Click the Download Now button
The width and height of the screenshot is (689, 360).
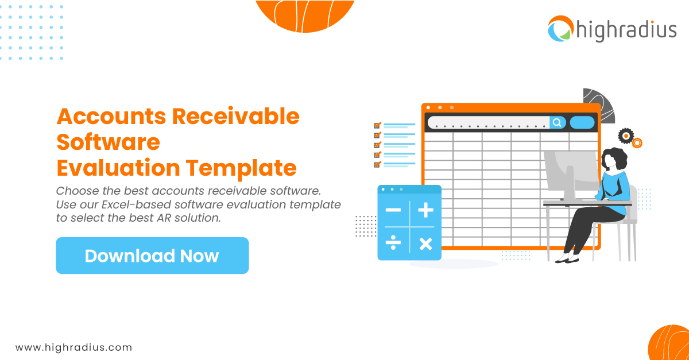152,256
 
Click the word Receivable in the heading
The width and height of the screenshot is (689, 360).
236,116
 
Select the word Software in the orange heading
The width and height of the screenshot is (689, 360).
108,142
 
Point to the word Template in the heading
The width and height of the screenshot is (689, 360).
241,168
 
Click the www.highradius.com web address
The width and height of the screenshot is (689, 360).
73,347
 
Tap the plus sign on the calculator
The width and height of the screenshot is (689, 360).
425,210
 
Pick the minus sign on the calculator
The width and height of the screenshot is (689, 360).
393,210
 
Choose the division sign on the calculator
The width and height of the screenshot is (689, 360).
393,244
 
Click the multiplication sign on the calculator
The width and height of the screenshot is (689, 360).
425,244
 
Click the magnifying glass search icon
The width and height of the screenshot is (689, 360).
557,122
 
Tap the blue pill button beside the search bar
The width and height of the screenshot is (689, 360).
582,122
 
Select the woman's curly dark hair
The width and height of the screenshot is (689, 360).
614,157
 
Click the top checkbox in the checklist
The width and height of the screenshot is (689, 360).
377,125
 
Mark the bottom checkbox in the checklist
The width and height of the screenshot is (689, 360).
377,164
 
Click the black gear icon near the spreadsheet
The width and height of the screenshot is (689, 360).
625,136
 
